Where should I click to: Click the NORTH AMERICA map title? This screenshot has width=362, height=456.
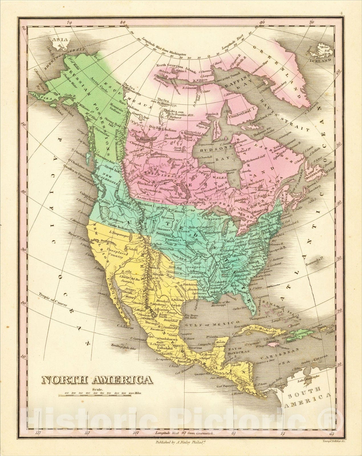97,380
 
